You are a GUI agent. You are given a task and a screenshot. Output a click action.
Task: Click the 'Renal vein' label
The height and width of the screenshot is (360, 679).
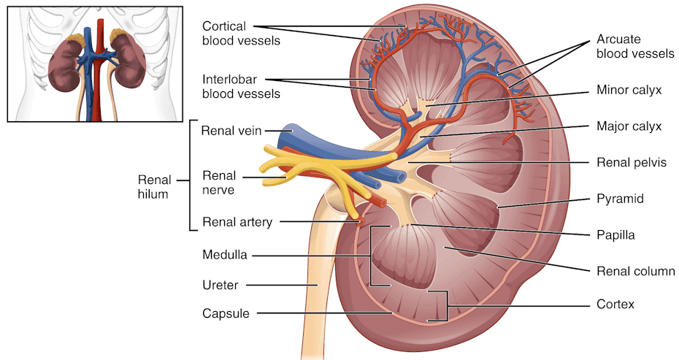tap(231, 131)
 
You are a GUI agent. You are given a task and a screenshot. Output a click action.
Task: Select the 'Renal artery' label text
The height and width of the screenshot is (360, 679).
tap(237, 222)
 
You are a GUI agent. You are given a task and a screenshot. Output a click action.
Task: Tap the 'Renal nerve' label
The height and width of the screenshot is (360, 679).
tap(219, 183)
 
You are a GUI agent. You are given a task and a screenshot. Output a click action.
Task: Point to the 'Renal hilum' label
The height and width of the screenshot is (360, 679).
tap(155, 187)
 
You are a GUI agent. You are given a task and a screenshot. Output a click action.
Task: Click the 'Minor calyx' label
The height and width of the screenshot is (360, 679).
tap(629, 90)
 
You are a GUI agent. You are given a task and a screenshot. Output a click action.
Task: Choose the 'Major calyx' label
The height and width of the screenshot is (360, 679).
tap(629, 126)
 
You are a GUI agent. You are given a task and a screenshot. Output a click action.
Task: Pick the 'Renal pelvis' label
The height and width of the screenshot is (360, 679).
tap(632, 162)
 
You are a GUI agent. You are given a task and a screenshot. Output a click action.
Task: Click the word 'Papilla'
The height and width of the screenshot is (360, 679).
tap(615, 235)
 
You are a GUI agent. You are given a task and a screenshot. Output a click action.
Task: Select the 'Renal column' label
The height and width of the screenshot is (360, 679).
tap(636, 271)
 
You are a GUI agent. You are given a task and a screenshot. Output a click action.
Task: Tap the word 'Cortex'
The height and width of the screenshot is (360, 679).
tap(615, 304)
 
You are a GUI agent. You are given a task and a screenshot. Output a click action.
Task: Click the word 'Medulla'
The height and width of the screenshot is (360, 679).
tap(225, 254)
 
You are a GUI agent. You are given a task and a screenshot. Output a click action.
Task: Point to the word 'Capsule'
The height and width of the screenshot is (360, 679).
tap(226, 313)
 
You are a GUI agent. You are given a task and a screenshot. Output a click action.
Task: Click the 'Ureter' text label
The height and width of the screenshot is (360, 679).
tap(220, 285)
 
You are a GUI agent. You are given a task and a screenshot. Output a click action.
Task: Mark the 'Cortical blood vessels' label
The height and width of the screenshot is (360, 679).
tap(241, 34)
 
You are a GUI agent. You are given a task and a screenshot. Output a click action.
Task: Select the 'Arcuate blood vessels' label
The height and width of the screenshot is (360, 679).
tap(635, 46)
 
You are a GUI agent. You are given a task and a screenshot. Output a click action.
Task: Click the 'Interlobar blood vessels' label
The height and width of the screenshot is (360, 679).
tap(241, 87)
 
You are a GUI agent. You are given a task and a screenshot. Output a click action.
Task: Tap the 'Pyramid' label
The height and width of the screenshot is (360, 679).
tap(620, 199)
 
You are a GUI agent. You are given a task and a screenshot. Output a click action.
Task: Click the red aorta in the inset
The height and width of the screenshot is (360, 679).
tap(101, 69)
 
